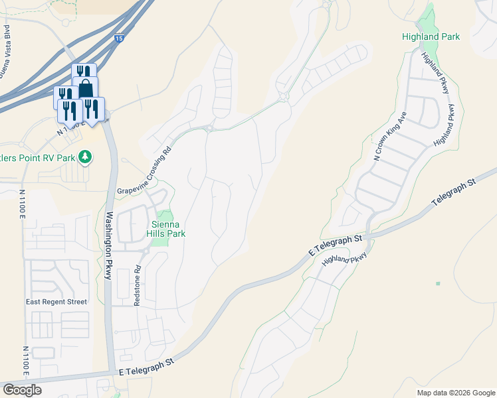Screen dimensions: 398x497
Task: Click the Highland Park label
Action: click(431, 37)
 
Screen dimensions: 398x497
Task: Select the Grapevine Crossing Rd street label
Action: click(145, 170)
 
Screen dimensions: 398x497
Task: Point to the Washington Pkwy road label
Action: click(108, 245)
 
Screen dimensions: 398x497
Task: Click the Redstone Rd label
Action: click(138, 286)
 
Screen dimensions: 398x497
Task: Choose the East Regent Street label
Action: click(56, 302)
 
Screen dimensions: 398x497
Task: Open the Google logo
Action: click(22, 389)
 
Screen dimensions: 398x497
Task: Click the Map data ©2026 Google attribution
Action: click(456, 393)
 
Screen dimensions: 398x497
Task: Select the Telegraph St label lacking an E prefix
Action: click(454, 192)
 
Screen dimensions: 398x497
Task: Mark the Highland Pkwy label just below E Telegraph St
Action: click(344, 259)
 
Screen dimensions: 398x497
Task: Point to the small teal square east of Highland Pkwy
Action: click(437, 283)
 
